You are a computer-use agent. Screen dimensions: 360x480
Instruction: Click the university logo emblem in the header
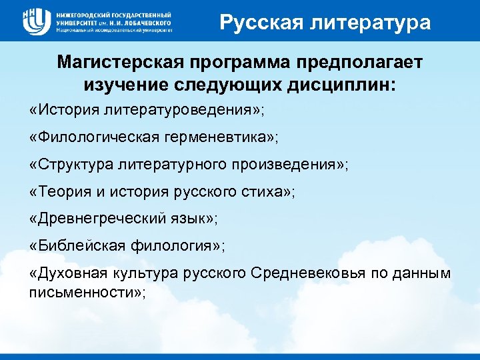pos(35,20)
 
